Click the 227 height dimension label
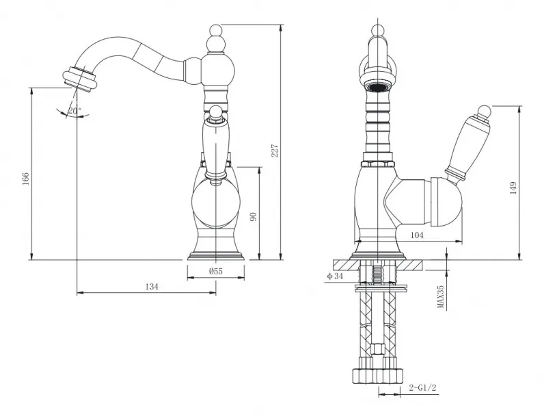pyautogui.click(x=275, y=151)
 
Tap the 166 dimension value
pyautogui.click(x=26, y=179)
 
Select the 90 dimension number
pyautogui.click(x=254, y=217)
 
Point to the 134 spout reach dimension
pyautogui.click(x=152, y=287)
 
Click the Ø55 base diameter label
pyautogui.click(x=216, y=271)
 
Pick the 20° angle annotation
pyautogui.click(x=74, y=111)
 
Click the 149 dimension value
pyautogui.click(x=513, y=188)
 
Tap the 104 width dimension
pyautogui.click(x=417, y=235)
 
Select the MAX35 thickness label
pyautogui.click(x=440, y=296)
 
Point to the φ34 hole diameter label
pyautogui.click(x=335, y=276)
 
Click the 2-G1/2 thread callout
pyautogui.click(x=422, y=387)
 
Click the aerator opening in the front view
pyautogui.click(x=378, y=86)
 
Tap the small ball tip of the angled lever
pyautogui.click(x=485, y=112)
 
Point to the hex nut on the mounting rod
pyautogui.click(x=378, y=348)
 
